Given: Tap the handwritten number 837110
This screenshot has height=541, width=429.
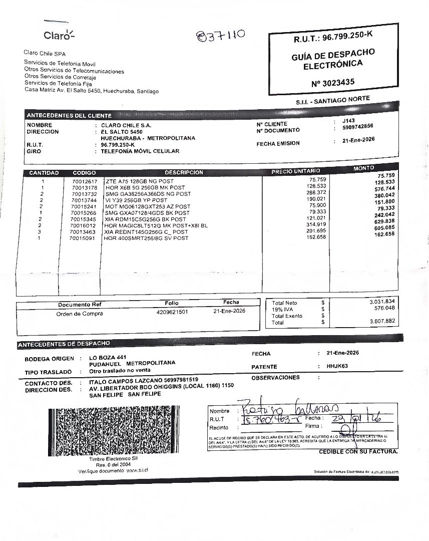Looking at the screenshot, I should [x=221, y=36].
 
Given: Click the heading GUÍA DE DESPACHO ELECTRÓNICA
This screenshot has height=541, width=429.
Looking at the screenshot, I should [x=333, y=59].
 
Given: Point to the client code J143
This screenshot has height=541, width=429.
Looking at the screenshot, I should [x=348, y=121].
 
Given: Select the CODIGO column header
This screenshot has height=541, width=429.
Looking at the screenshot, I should [x=84, y=173].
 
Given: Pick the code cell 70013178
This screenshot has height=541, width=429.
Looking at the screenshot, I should [x=84, y=187].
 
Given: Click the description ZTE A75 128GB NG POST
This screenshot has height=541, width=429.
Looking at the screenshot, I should [x=139, y=181].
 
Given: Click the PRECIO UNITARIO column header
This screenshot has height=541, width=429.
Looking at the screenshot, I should [x=296, y=171].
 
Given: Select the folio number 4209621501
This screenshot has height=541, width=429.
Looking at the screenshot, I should [x=172, y=312].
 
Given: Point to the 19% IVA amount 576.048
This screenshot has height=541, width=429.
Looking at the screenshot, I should [x=383, y=308].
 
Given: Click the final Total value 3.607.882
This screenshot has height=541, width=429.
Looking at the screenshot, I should [x=382, y=321].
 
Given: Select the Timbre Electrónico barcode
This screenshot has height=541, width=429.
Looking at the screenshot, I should [x=113, y=431].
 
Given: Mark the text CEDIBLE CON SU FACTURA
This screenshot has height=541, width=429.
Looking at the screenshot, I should [x=358, y=452].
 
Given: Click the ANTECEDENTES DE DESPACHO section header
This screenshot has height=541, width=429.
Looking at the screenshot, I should [x=64, y=344].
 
